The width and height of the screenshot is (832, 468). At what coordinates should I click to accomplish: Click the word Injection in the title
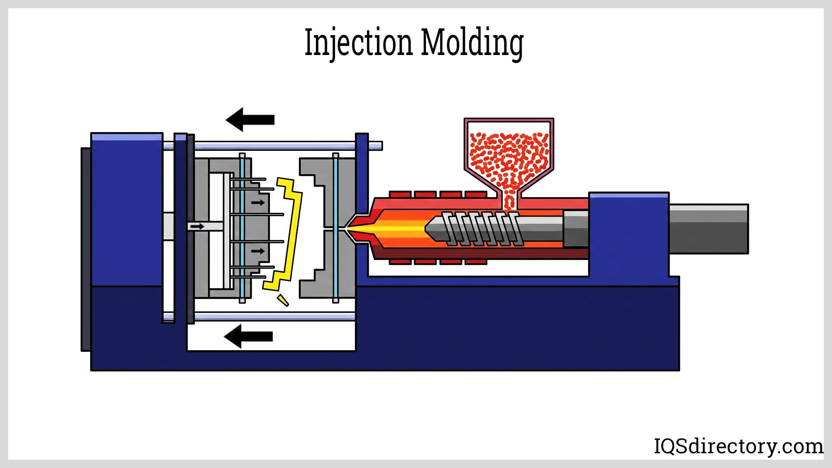click(x=358, y=43)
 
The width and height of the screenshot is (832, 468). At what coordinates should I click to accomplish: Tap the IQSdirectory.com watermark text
click(x=738, y=446)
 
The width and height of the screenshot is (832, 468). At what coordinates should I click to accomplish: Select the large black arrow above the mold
click(x=250, y=119)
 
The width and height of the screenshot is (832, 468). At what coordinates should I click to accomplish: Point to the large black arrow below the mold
click(x=248, y=336)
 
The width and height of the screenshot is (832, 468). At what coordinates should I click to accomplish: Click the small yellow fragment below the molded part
click(x=283, y=300)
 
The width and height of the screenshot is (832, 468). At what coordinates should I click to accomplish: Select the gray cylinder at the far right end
click(x=708, y=229)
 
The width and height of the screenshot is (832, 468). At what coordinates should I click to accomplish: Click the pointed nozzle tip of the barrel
click(x=352, y=228)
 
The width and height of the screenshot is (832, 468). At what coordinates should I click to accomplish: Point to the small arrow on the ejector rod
click(x=197, y=226)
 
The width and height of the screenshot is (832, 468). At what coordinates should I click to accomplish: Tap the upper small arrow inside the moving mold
click(x=258, y=202)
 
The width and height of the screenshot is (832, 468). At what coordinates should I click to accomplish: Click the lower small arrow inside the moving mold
click(x=258, y=251)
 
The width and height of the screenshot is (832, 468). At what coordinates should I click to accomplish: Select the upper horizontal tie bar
click(x=277, y=146)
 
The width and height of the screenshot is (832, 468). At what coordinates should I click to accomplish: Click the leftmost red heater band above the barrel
click(x=400, y=194)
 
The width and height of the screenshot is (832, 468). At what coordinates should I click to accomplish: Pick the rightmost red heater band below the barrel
click(x=475, y=262)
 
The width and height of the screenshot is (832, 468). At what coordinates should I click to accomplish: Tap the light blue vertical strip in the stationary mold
click(x=335, y=228)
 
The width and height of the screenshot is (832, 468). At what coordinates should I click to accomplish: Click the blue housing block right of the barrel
click(x=628, y=234)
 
